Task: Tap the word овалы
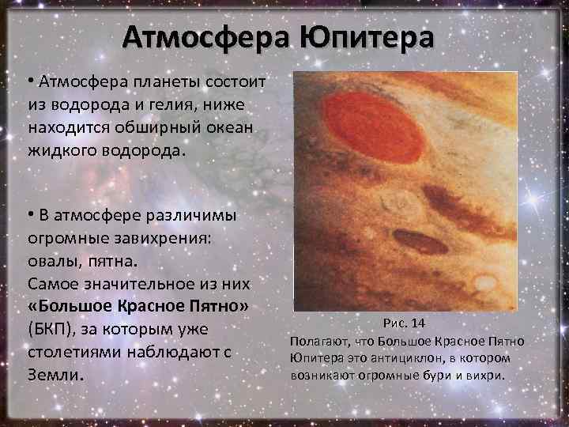point(52,260)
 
